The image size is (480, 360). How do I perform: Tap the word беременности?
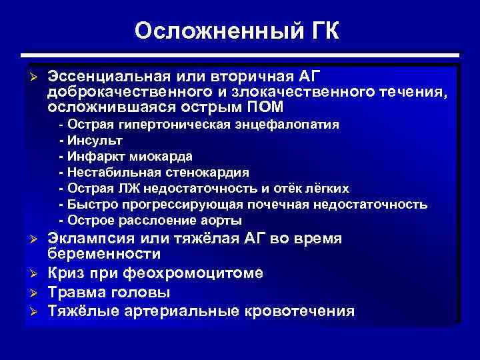coord(104,255)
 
